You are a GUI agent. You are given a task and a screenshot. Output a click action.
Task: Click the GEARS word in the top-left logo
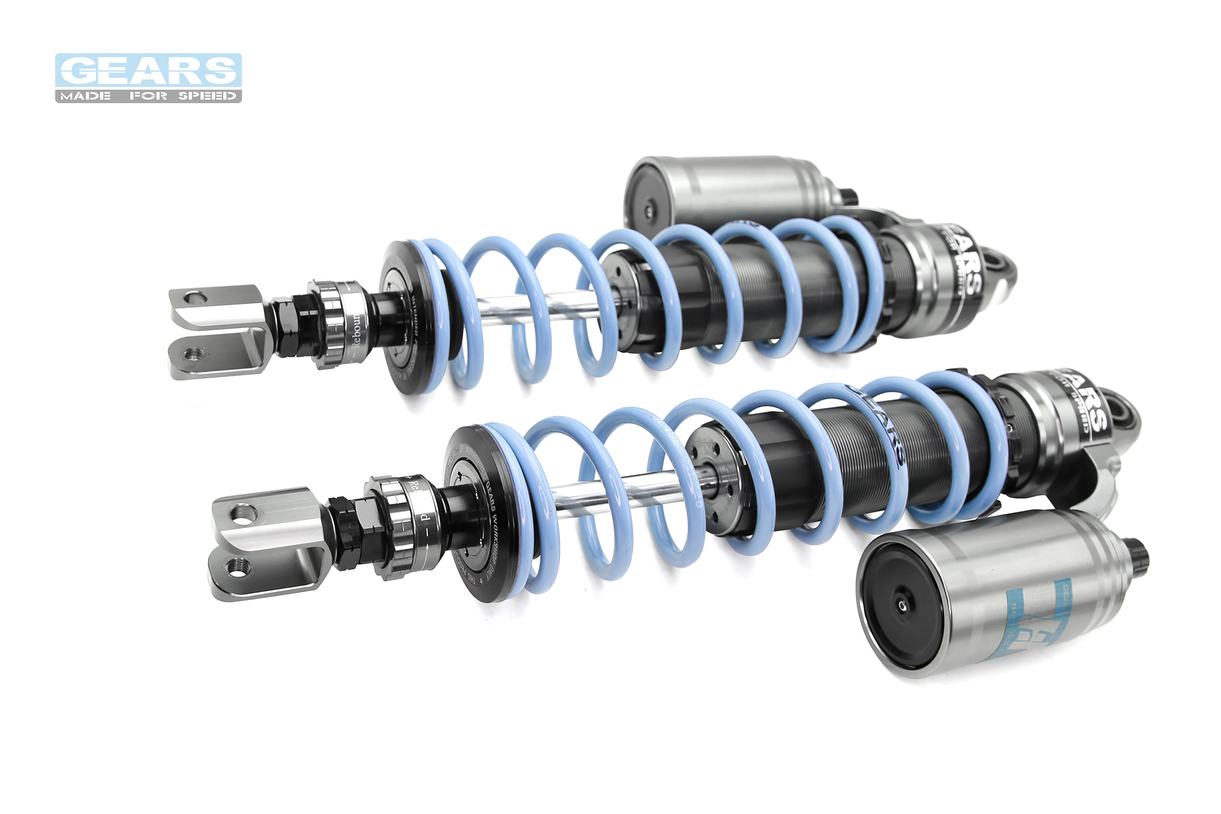click(x=148, y=71)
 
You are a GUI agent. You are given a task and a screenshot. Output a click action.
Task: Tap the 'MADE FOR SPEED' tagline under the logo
click(x=148, y=96)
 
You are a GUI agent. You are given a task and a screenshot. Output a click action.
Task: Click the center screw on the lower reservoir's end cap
click(x=901, y=606)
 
